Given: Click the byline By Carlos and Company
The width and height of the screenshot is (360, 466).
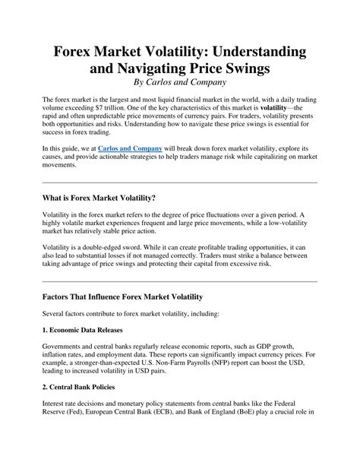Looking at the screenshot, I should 179,82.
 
